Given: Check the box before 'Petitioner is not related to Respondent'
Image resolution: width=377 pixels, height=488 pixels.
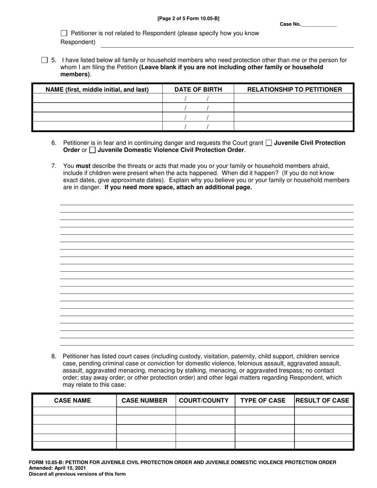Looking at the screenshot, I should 64,33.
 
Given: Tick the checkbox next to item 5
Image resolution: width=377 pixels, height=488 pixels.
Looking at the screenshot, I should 44,60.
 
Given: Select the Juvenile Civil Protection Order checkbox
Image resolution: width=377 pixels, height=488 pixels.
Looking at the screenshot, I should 269,143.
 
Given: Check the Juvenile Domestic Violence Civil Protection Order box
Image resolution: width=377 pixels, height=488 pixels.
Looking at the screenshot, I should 92,150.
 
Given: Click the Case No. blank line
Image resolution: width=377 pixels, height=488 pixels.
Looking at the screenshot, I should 319,25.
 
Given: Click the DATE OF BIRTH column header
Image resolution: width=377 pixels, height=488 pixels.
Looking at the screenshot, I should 198,89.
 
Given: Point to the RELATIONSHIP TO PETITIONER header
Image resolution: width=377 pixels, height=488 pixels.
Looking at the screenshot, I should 294,89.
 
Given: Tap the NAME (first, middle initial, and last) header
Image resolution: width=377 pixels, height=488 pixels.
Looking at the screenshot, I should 97,89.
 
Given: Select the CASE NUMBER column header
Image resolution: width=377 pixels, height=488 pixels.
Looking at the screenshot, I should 144,400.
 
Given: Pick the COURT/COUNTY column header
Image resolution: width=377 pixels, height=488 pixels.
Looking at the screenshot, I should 204,400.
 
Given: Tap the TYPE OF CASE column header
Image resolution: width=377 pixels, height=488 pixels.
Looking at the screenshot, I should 263,400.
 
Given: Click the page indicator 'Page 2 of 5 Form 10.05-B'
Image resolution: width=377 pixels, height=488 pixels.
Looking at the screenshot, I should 188,18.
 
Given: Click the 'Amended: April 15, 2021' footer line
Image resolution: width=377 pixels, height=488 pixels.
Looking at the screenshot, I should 55,468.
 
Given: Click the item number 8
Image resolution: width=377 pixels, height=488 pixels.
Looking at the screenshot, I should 54,356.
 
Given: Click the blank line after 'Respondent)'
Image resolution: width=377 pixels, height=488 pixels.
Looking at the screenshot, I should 226,43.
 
